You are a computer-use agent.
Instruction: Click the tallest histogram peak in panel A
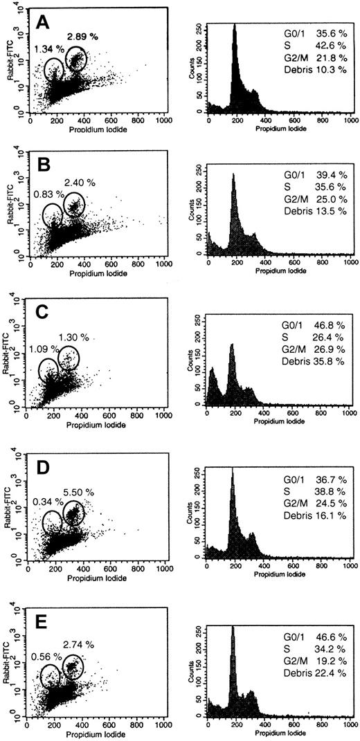tap(235, 28)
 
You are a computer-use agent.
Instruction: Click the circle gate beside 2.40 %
tap(74, 205)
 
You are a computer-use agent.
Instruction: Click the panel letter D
tap(42, 466)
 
